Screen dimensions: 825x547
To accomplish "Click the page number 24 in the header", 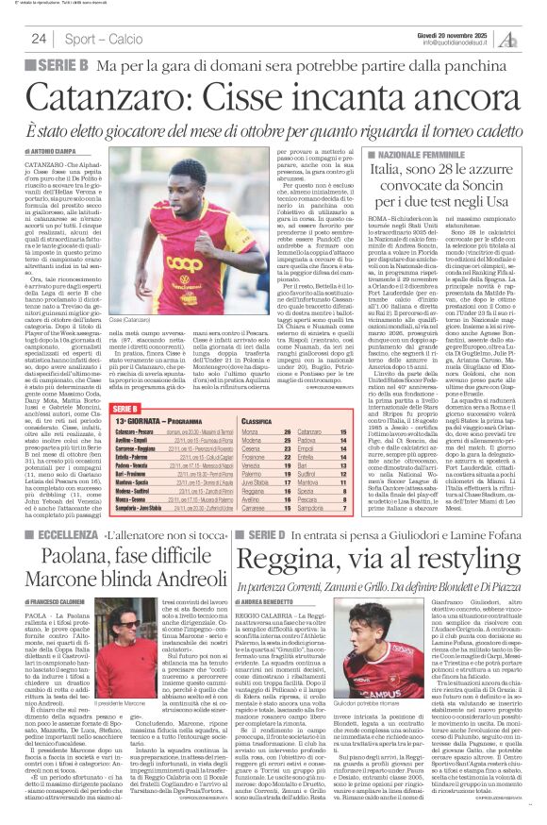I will coord(40,39).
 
